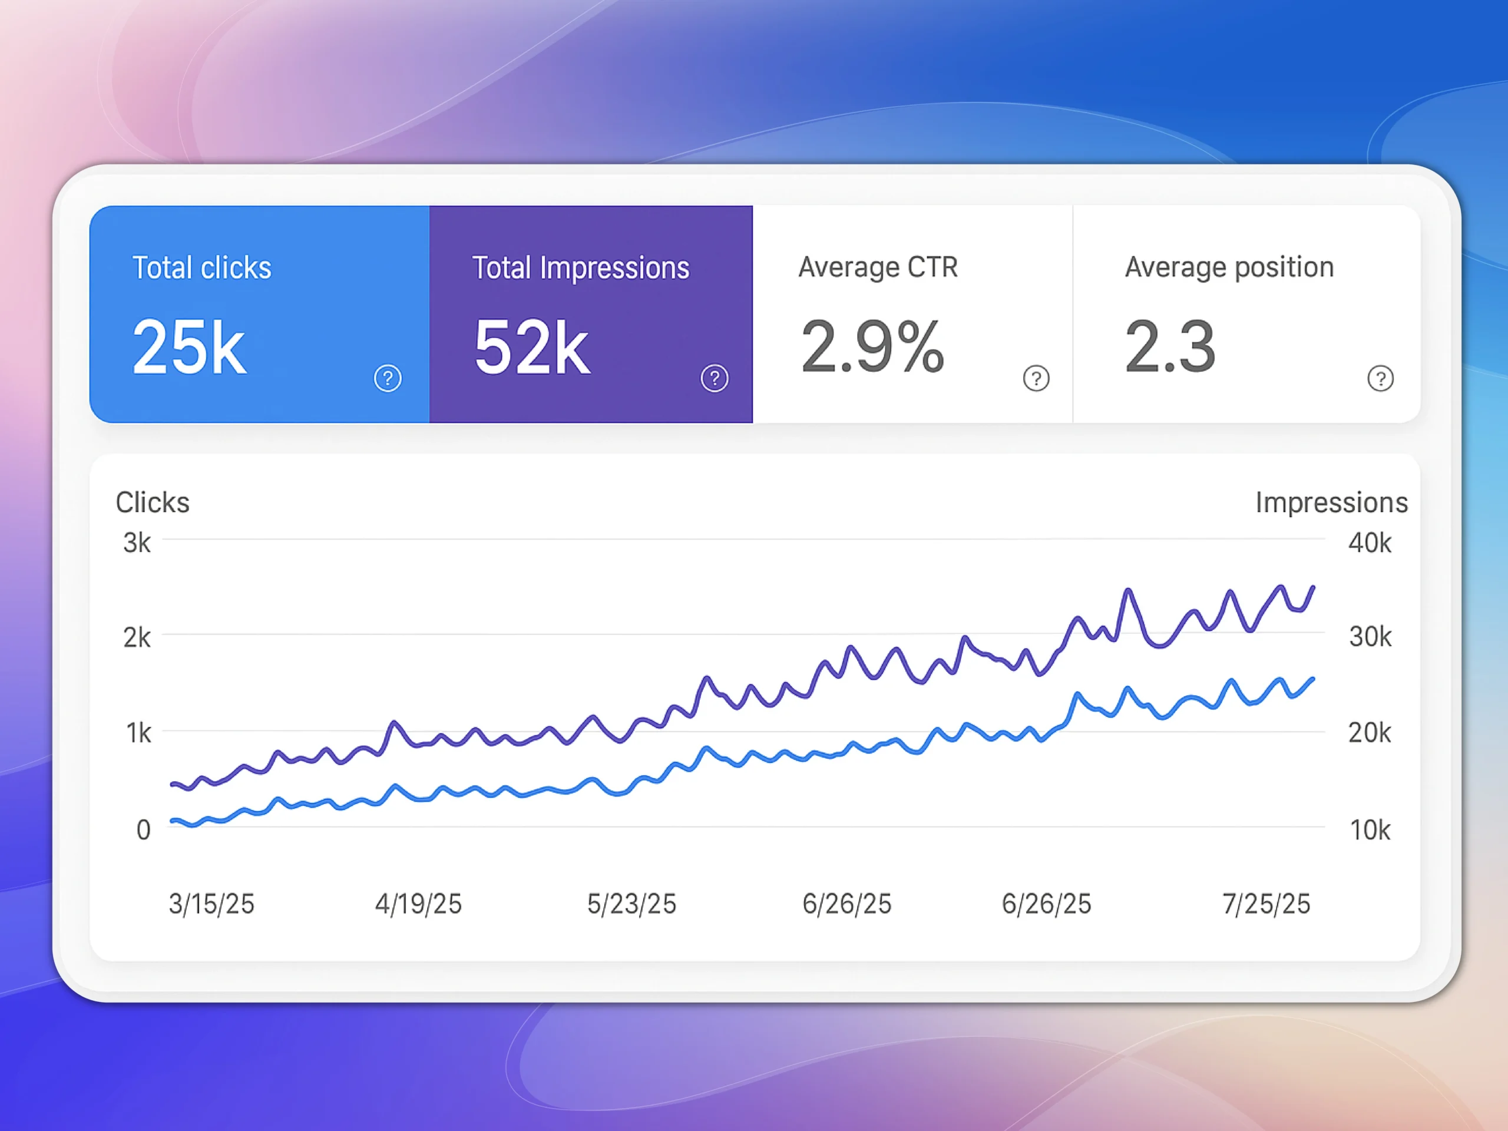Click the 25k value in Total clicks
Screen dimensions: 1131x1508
click(x=189, y=347)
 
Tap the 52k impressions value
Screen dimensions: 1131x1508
click(x=532, y=348)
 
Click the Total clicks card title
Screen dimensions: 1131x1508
click(x=202, y=267)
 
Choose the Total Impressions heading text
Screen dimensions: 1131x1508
click(x=581, y=267)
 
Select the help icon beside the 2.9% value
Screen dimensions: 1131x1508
click(x=1036, y=378)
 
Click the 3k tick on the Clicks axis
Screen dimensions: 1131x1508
click(x=137, y=543)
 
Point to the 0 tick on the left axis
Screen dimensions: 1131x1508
click(x=143, y=829)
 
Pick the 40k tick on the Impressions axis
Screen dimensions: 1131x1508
click(x=1370, y=543)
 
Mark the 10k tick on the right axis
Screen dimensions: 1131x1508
click(x=1370, y=829)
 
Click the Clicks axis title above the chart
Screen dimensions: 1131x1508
click(x=153, y=502)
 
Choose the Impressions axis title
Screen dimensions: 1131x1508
click(x=1331, y=502)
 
